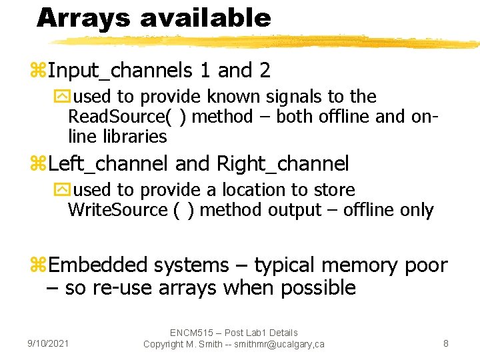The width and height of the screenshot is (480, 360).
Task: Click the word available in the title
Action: pos(205,18)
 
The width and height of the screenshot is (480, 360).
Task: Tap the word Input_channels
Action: pos(118,71)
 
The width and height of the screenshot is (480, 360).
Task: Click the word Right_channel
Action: pos(283,163)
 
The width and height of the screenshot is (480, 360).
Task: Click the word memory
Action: pos(359,265)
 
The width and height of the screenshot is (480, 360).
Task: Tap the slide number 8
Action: pos(446,343)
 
